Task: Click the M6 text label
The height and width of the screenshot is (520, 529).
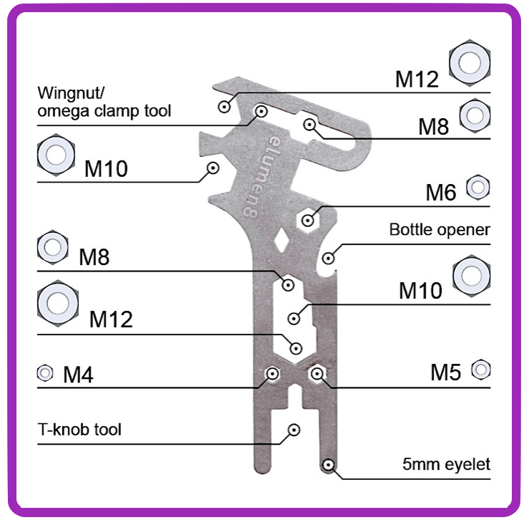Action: pyautogui.click(x=440, y=193)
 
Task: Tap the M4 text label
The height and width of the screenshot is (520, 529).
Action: pyautogui.click(x=78, y=374)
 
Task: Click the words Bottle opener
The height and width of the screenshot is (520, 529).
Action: pyautogui.click(x=440, y=230)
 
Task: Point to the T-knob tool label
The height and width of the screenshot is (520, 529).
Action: pyautogui.click(x=79, y=430)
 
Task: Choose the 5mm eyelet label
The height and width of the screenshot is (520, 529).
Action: pyautogui.click(x=446, y=464)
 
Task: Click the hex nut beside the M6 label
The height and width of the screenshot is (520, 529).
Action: pyautogui.click(x=477, y=188)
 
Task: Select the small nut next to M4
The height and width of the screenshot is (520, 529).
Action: pyautogui.click(x=44, y=373)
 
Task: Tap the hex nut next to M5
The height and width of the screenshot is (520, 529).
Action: pyautogui.click(x=481, y=370)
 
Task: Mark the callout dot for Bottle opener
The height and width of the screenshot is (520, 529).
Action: pyautogui.click(x=329, y=257)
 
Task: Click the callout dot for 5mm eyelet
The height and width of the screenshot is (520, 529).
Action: pyautogui.click(x=327, y=465)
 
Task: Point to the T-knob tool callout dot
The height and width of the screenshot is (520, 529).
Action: pyautogui.click(x=293, y=430)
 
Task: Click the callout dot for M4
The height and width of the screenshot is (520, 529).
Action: pyautogui.click(x=272, y=374)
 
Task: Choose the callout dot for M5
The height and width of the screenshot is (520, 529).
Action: pyautogui.click(x=316, y=373)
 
